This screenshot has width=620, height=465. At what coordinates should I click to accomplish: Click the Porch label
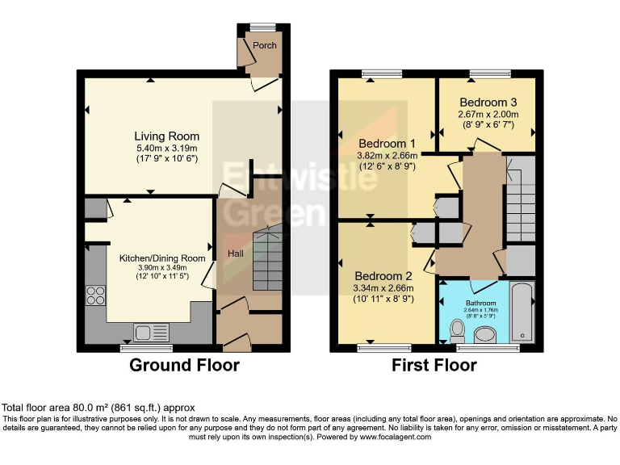(x=265, y=45)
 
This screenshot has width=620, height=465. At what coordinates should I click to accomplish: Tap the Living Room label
(x=167, y=136)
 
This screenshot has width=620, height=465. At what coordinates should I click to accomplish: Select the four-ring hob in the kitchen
(x=96, y=295)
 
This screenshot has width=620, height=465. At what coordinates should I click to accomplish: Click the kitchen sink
(x=151, y=332)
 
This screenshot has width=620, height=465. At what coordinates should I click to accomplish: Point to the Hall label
(x=236, y=253)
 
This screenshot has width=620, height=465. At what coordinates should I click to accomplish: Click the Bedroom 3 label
(x=488, y=103)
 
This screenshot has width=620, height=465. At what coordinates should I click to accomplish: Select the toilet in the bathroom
(x=458, y=331)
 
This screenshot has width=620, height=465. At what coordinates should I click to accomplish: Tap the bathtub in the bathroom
(x=522, y=312)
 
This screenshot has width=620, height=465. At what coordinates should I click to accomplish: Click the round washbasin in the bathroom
(x=484, y=335)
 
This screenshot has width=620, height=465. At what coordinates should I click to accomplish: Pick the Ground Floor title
(x=184, y=365)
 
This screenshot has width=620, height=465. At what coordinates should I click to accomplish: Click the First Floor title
(x=434, y=365)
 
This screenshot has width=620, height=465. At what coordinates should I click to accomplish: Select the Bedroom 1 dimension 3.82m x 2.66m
(x=387, y=155)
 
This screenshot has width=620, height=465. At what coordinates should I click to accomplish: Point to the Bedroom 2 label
(x=383, y=276)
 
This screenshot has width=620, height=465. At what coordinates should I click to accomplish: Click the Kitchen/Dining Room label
(x=162, y=258)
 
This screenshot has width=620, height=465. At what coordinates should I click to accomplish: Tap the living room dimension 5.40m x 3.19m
(x=167, y=149)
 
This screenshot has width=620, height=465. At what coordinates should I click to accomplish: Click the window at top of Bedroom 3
(x=490, y=73)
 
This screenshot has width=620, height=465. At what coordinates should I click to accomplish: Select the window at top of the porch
(x=263, y=27)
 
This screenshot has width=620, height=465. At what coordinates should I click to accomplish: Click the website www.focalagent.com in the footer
(x=396, y=437)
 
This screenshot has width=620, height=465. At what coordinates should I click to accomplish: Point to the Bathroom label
(x=481, y=304)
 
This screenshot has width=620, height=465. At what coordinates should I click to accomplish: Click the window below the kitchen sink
(x=146, y=348)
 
